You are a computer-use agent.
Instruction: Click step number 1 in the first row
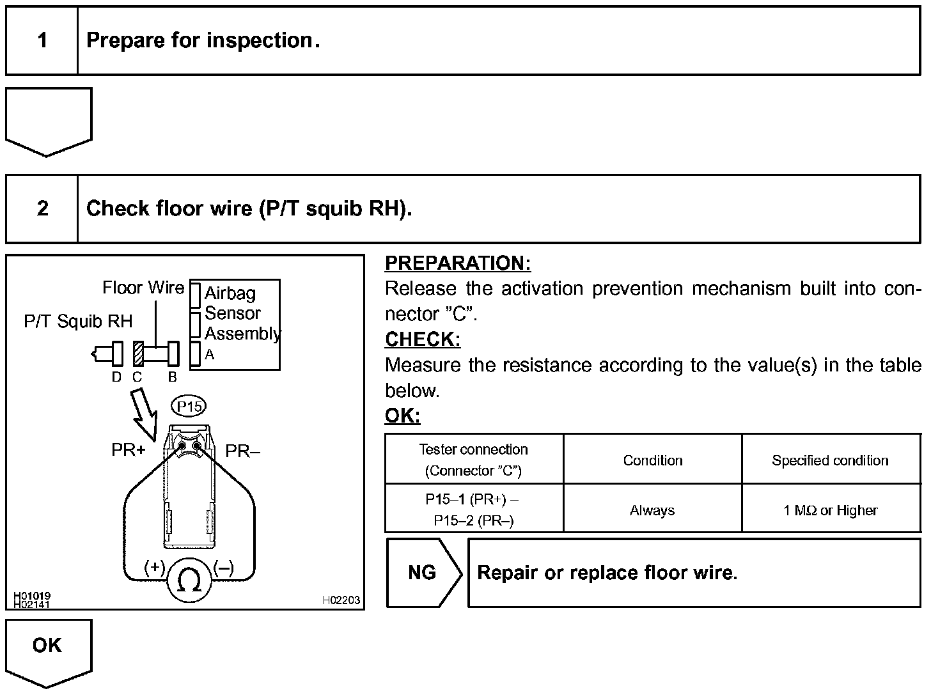click(42, 41)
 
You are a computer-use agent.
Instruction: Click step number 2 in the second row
click(42, 208)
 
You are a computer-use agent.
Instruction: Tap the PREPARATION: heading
click(458, 263)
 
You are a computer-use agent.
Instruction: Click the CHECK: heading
click(423, 339)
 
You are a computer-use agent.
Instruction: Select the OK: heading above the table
click(402, 416)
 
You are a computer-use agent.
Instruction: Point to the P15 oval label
click(189, 407)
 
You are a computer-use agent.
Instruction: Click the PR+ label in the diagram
click(128, 451)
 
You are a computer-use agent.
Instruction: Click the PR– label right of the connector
click(243, 452)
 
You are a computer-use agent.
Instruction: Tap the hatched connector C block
click(137, 354)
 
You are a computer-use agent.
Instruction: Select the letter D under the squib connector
click(116, 377)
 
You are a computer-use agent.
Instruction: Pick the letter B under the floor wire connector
click(172, 377)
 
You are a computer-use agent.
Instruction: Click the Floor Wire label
click(143, 288)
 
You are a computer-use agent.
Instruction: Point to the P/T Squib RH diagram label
click(78, 322)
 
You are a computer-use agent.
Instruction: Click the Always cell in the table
click(652, 510)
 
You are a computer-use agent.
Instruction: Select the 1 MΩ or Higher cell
click(831, 510)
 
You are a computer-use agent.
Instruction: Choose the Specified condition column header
click(830, 460)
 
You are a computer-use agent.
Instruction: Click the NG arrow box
click(422, 572)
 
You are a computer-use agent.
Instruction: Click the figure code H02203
click(341, 600)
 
